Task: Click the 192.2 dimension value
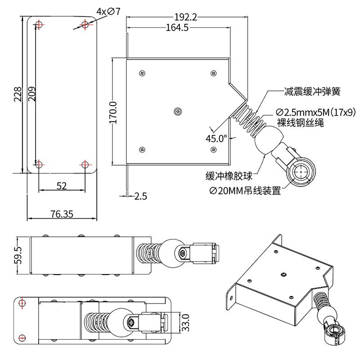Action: [x=185, y=17]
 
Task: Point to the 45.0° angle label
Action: [x=216, y=138]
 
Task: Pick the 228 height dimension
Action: [x=18, y=95]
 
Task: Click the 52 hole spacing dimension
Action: [x=62, y=186]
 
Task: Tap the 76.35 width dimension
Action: [x=62, y=214]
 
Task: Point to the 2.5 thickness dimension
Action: [x=140, y=196]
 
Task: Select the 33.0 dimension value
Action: [x=185, y=322]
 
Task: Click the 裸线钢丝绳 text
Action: [x=301, y=122]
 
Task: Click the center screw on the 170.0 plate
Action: [x=178, y=111]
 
